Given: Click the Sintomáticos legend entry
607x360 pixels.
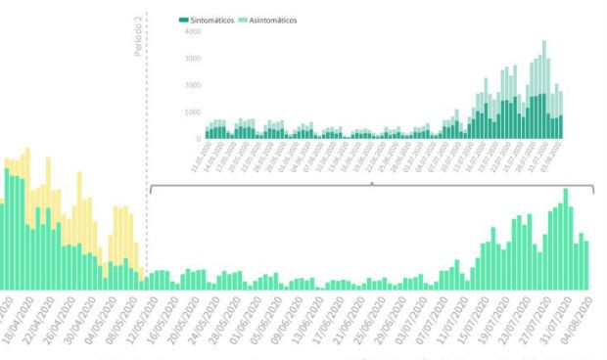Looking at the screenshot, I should [210, 20].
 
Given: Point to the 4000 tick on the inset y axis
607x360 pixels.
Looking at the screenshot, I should [192, 32].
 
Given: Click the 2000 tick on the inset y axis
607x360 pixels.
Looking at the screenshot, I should [192, 85].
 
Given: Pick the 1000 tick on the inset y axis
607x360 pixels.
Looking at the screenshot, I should [192, 112].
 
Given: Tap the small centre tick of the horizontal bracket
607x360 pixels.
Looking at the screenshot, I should [371, 183].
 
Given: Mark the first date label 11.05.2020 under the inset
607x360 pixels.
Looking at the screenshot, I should [202, 156].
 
